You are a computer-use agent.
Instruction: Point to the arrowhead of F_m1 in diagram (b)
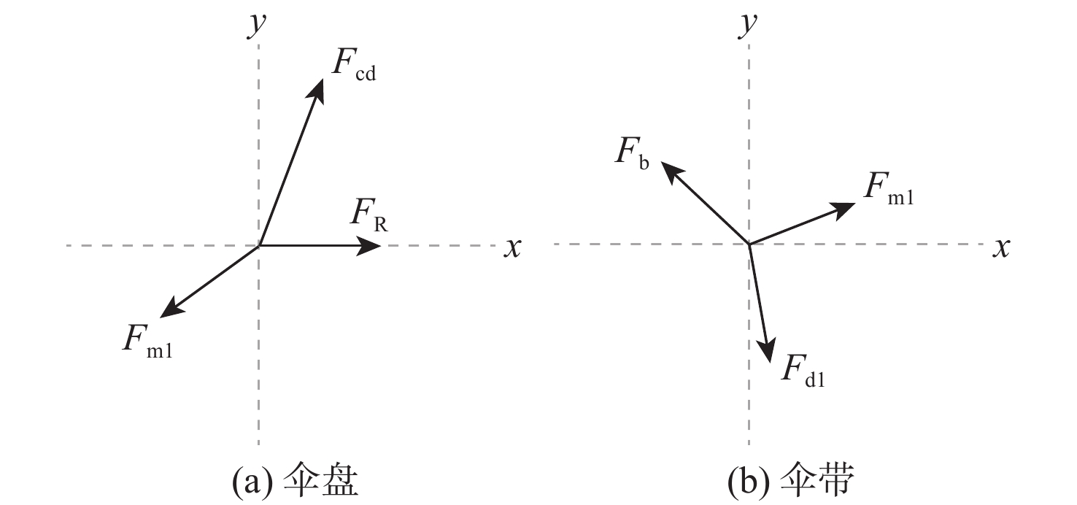(844, 209)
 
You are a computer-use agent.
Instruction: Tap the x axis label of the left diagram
(513, 248)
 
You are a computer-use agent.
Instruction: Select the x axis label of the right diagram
(1001, 248)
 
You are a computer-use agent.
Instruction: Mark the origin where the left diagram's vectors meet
(259, 246)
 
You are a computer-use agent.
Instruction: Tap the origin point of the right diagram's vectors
(749, 244)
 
